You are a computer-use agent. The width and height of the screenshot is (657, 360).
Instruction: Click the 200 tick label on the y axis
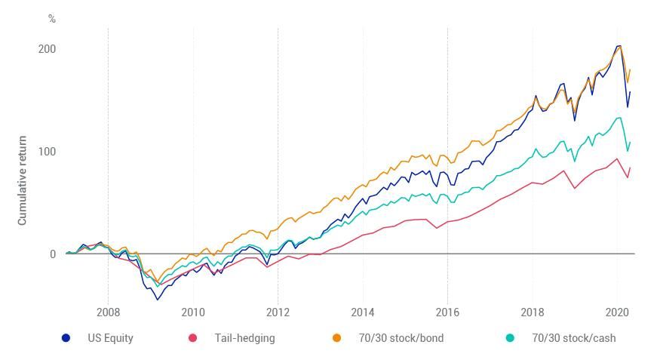pos(47,49)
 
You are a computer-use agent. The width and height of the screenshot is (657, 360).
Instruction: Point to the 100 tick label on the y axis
pos(47,152)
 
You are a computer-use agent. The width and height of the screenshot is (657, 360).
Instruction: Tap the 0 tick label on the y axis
pos(53,254)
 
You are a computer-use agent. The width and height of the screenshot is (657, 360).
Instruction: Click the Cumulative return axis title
pos(23,180)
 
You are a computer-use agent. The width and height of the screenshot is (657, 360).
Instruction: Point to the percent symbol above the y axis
pos(52,19)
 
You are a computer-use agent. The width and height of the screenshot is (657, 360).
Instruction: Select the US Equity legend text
pos(110,338)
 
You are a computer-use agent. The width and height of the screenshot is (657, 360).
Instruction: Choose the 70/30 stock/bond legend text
pos(401,338)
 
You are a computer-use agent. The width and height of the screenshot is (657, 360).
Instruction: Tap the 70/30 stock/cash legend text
pos(573,338)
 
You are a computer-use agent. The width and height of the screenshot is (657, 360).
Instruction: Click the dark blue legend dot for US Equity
pos(66,338)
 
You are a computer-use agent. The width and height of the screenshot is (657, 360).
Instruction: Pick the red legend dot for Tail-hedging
pos(192,338)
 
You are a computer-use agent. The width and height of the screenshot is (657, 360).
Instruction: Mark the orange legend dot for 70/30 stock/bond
pos(336,338)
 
